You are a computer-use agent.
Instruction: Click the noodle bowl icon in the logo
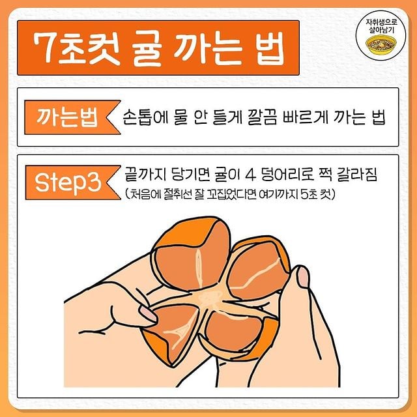pos(381,45)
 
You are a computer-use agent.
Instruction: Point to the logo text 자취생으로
pos(381,22)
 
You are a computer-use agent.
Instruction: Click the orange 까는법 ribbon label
pos(72,117)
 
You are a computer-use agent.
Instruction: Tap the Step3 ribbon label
pos(73,182)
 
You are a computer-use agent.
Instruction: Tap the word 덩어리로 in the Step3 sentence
pos(287,175)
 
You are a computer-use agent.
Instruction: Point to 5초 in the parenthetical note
pos(309,195)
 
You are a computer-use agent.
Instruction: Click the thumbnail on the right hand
pos(303,276)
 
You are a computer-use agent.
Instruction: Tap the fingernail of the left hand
pos(148,313)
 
